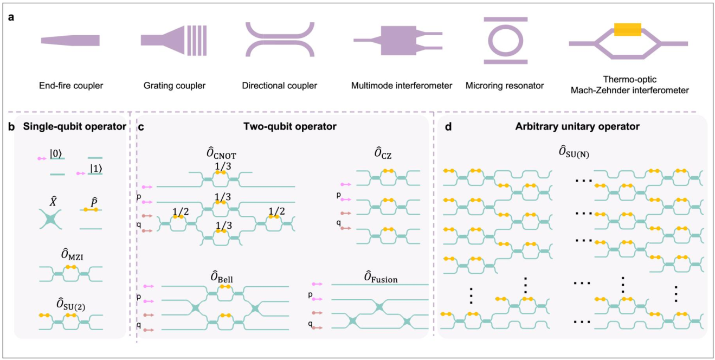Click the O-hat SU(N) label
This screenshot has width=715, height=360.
click(x=574, y=152)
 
